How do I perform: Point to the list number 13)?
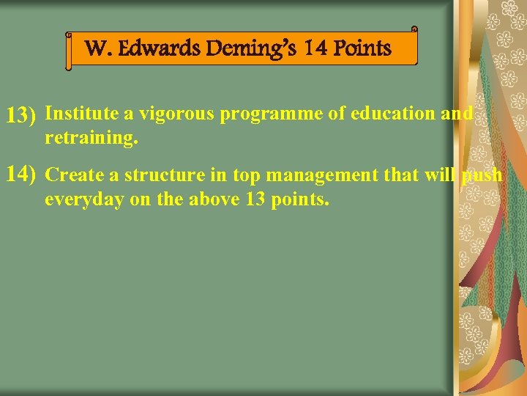[21, 115]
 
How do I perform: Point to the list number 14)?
[21, 175]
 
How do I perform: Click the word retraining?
[91, 137]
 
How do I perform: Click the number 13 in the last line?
[253, 199]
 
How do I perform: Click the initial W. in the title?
[97, 49]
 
